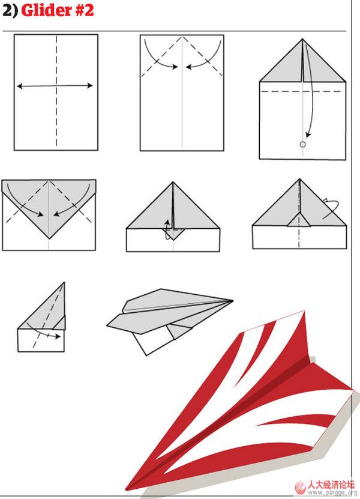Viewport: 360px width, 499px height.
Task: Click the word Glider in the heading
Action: coord(46,10)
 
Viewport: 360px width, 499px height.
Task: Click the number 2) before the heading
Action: coord(10,10)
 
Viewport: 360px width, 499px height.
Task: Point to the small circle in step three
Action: coord(303,145)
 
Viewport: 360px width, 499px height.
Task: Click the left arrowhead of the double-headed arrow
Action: coord(19,86)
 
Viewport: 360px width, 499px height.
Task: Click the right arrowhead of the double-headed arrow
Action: coord(90,85)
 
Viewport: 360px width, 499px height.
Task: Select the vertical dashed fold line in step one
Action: coord(56,91)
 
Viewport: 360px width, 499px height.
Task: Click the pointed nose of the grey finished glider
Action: coord(232,300)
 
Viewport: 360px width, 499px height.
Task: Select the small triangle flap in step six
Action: coord(299,220)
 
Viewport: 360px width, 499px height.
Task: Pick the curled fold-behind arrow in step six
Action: coord(331,208)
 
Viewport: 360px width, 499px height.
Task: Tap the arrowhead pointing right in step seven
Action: coord(58,336)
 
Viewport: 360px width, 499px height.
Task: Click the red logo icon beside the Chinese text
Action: coord(300,487)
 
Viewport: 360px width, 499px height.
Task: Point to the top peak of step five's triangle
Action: coord(173,183)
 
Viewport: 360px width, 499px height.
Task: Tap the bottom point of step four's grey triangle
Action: coord(49,238)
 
